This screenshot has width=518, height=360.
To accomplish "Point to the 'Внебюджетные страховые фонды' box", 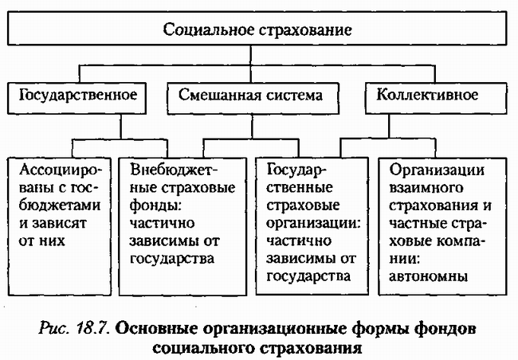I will [x=182, y=215].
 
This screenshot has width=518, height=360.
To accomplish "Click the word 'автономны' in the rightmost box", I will [x=429, y=276].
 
